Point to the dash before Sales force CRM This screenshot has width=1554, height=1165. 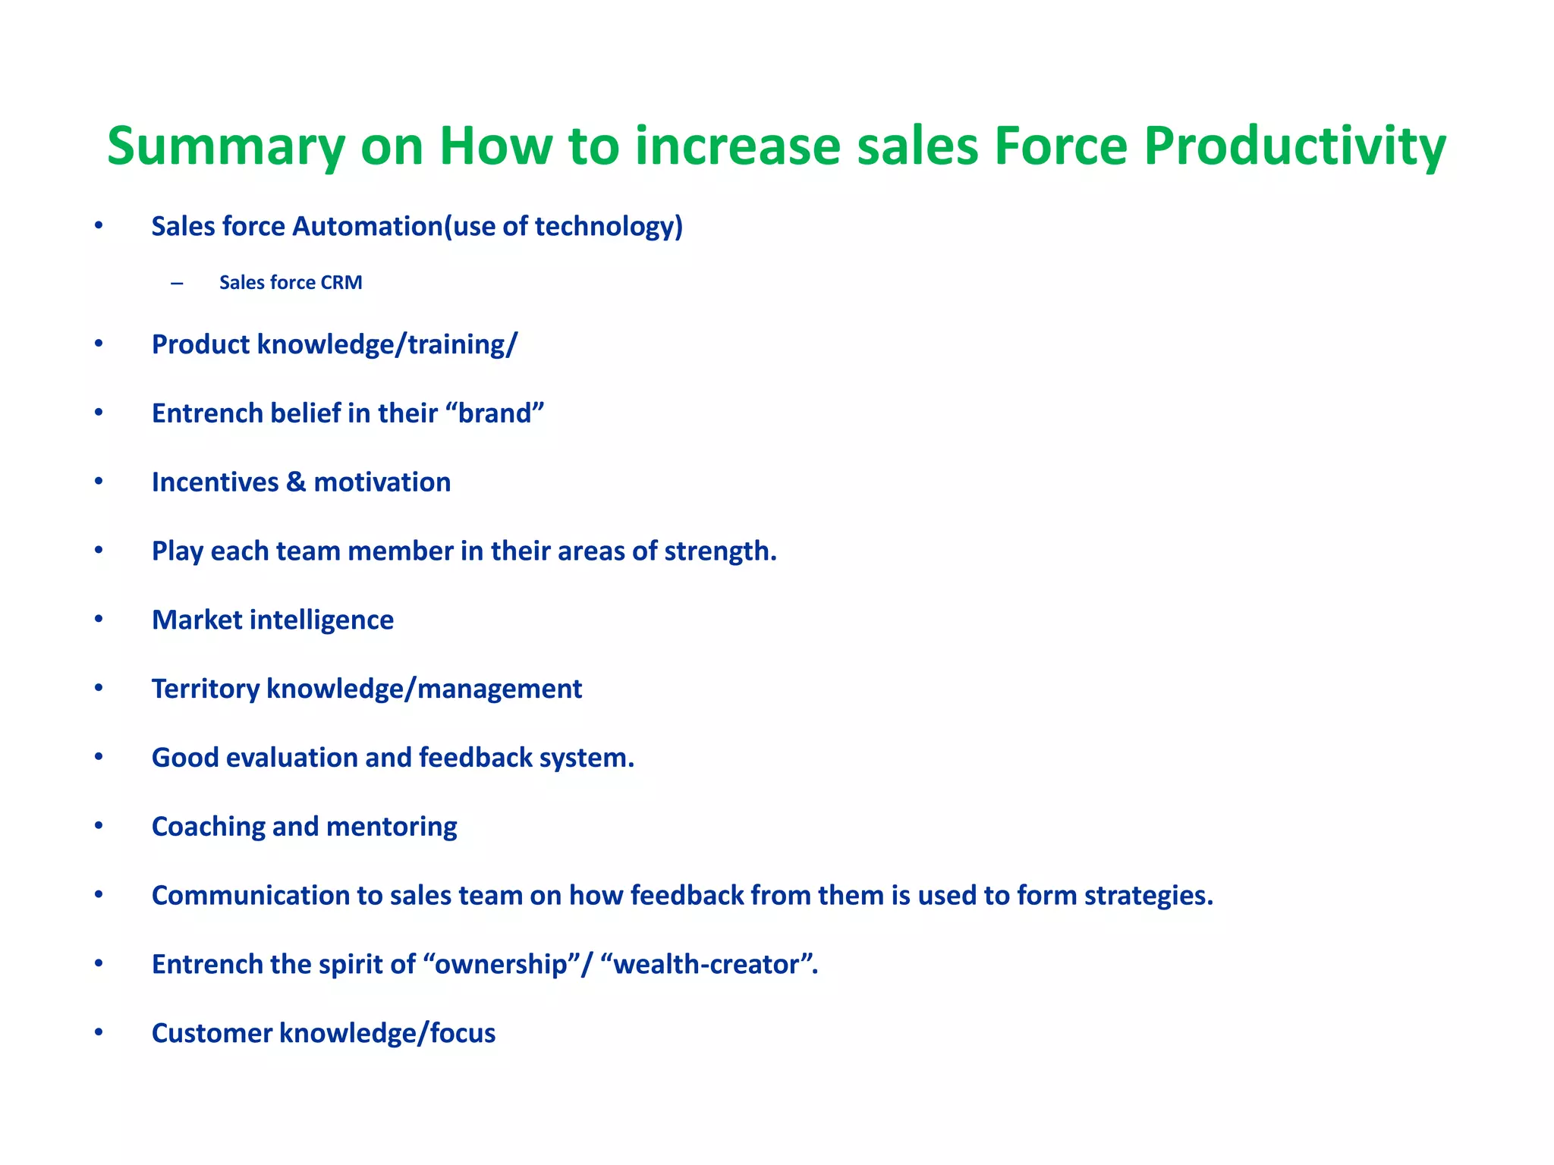coord(177,284)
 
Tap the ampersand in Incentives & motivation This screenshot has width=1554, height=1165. coord(296,482)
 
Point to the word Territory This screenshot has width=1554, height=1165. coord(206,689)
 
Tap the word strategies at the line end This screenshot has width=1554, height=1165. coord(1148,896)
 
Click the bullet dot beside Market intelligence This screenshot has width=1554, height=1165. coord(99,619)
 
